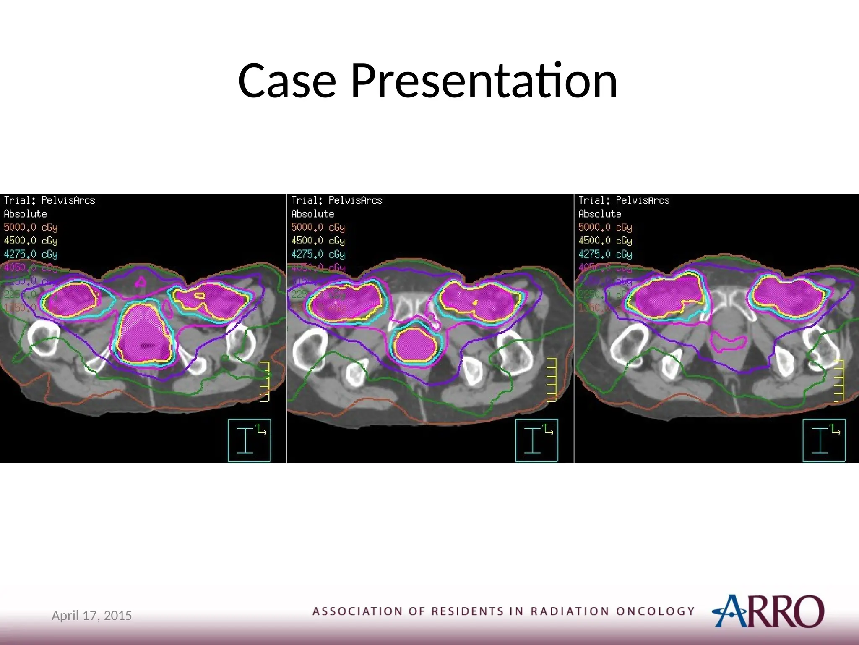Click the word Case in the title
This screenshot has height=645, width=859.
287,81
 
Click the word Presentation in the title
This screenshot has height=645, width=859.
484,81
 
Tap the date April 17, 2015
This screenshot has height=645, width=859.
91,616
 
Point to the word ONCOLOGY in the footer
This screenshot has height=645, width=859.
655,611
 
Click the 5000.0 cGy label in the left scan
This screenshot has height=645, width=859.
31,227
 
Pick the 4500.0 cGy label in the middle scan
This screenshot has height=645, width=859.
318,241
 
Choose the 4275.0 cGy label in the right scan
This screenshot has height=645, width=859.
605,254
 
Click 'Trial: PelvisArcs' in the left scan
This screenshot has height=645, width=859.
49,200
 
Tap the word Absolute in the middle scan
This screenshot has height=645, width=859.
312,214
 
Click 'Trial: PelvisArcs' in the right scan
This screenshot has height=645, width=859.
624,200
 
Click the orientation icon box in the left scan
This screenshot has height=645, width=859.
250,440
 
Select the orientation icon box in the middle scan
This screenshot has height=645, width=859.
536,440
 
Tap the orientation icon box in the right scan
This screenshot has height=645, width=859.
824,440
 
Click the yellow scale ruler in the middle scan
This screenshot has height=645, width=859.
552,380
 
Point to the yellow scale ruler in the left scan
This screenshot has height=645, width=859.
265,381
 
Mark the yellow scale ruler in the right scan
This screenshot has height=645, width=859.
839,381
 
